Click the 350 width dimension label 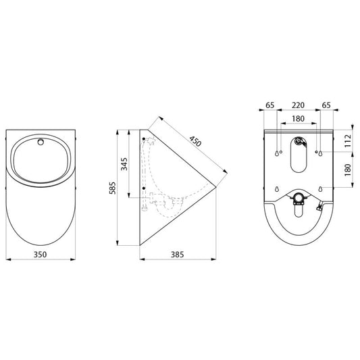[x=40, y=255]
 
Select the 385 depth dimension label [x=177, y=255]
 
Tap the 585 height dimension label [x=113, y=188]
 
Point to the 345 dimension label [x=124, y=164]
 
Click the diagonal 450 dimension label [x=195, y=141]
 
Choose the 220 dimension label [x=298, y=105]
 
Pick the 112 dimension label [x=348, y=140]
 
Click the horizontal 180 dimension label [x=298, y=119]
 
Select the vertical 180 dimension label [x=348, y=170]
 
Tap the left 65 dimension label [x=270, y=105]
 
